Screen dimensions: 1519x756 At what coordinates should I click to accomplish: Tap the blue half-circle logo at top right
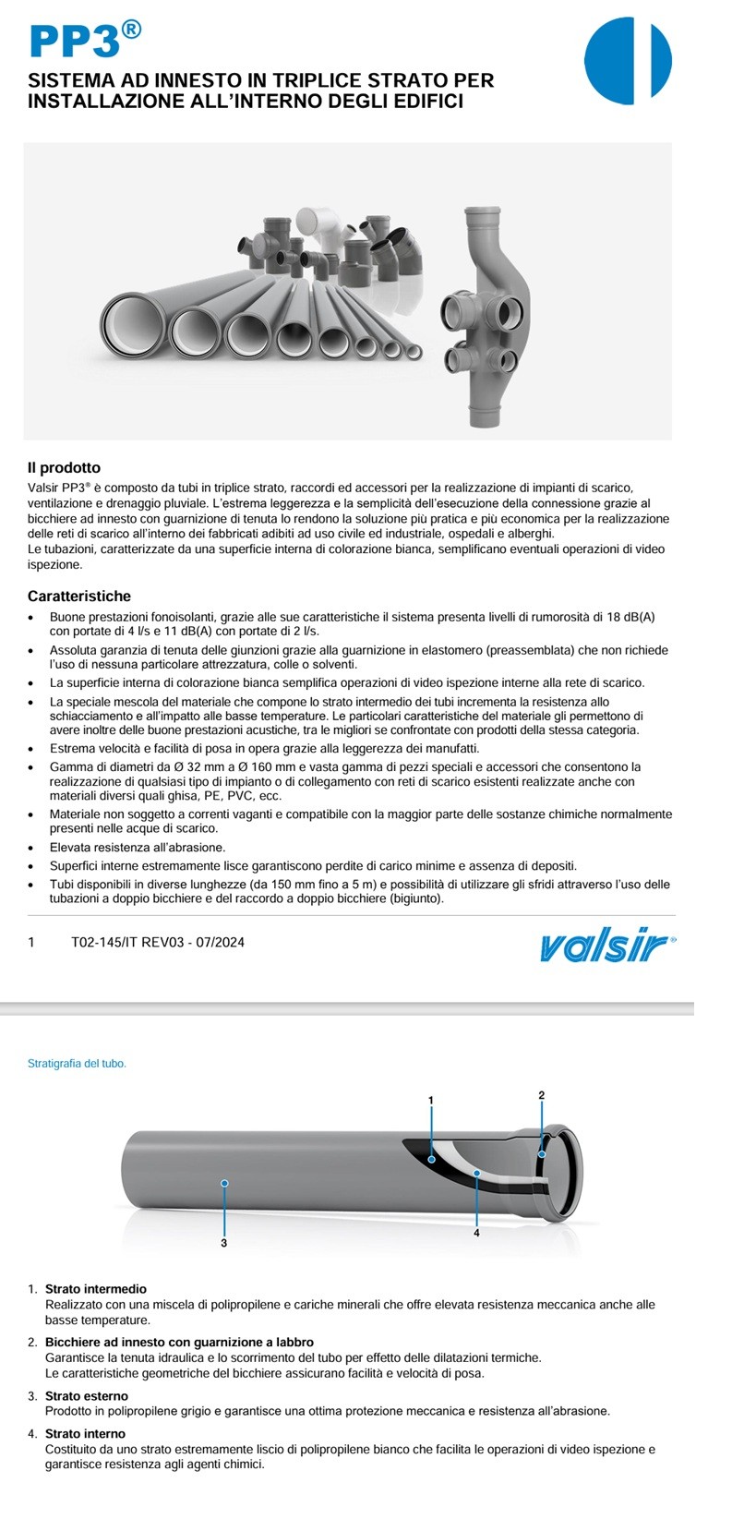(x=628, y=60)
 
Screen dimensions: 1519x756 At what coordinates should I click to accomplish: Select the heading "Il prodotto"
(x=64, y=468)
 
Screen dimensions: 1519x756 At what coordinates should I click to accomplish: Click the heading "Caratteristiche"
(x=79, y=597)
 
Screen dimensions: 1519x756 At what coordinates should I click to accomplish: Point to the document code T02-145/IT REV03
(x=157, y=943)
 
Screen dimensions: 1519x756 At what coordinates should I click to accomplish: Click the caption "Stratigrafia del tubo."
(x=77, y=1064)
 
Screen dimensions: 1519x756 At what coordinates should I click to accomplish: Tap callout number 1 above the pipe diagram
(x=430, y=1100)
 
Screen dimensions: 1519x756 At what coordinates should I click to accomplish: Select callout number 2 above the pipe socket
(x=542, y=1095)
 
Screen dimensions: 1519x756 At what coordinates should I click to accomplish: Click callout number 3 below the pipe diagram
(x=223, y=1243)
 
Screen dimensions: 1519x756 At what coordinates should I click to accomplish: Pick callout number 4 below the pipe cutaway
(x=476, y=1233)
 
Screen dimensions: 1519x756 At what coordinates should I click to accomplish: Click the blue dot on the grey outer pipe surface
(x=224, y=1183)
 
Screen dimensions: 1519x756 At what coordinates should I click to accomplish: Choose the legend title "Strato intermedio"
(x=95, y=1289)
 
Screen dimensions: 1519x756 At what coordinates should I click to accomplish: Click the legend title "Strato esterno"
(x=87, y=1396)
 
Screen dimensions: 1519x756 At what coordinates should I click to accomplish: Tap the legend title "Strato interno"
(x=85, y=1434)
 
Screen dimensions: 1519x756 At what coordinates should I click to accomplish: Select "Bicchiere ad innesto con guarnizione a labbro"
(x=179, y=1342)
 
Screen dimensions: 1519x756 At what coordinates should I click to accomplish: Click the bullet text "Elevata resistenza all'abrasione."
(x=138, y=847)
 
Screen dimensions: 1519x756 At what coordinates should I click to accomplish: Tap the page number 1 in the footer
(x=31, y=943)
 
